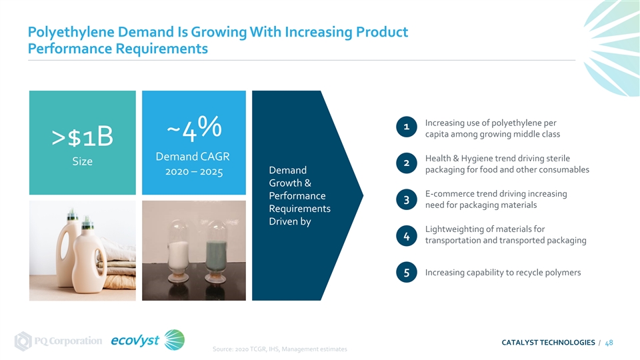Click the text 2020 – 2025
pyautogui.click(x=193, y=173)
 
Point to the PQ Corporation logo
pyautogui.click(x=59, y=341)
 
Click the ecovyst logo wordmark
pyautogui.click(x=135, y=341)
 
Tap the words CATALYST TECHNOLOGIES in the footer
pyautogui.click(x=548, y=343)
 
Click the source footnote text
pyautogui.click(x=279, y=349)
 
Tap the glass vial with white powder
pyautogui.click(x=180, y=250)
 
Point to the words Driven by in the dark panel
pyautogui.click(x=289, y=221)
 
